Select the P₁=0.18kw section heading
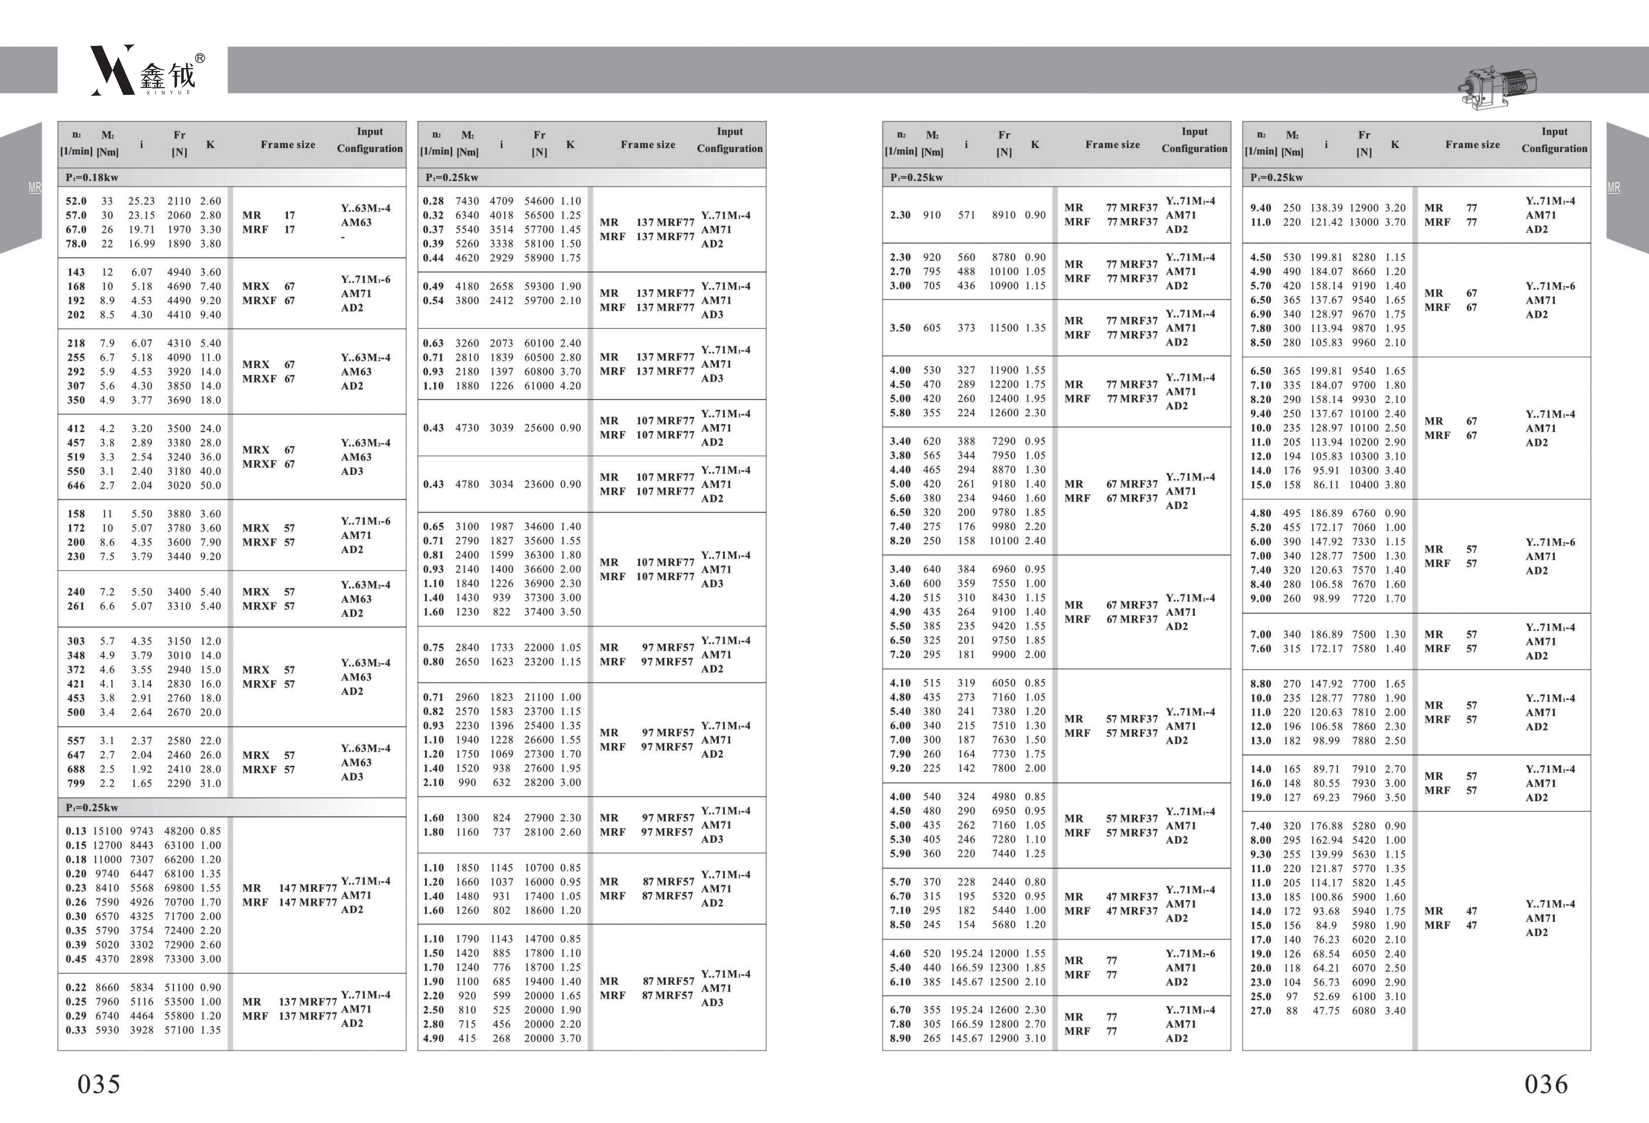92,177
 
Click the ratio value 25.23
141,201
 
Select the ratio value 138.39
1326,208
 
